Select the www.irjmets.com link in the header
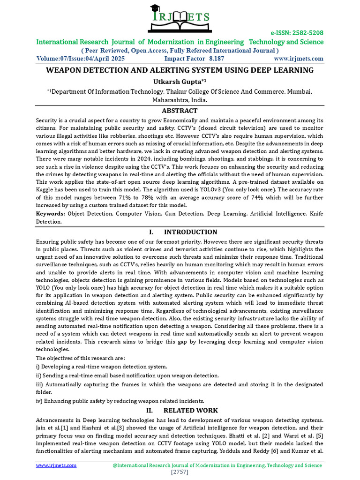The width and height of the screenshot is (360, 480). tap(299, 59)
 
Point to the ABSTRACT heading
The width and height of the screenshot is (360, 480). tap(180, 111)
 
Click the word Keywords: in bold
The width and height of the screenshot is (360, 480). tap(51, 213)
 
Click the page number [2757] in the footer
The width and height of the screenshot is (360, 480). tap(180, 472)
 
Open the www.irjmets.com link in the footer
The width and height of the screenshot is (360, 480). tap(56, 465)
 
